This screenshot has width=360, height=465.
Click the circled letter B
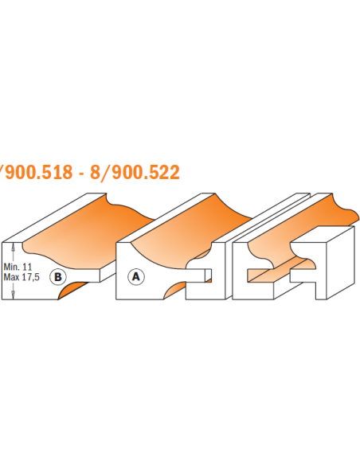58,276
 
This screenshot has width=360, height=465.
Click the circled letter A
136,276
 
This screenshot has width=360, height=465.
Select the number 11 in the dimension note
27,267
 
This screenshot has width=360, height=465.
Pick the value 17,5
31,277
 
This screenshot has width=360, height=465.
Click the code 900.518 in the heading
38,172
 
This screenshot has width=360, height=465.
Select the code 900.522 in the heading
146,172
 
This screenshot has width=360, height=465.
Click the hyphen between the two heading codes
81,174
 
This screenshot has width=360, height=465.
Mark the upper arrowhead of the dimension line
13,245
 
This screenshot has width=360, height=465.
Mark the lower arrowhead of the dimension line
13,295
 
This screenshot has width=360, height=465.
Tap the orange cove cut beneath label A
175,288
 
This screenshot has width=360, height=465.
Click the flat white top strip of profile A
167,217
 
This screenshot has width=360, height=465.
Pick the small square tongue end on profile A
209,275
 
